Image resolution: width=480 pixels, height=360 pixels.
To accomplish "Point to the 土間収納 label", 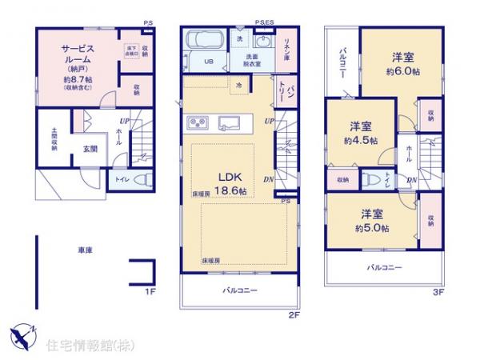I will pyautogui.click(x=54, y=140).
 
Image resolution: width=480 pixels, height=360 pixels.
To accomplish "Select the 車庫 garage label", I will pyautogui.click(x=85, y=250).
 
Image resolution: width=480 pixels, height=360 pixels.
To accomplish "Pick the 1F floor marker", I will pyautogui.click(x=149, y=293).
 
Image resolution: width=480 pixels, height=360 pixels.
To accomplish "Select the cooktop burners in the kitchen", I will pyautogui.click(x=197, y=122).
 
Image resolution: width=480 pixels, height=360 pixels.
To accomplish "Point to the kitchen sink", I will pyautogui.click(x=231, y=122).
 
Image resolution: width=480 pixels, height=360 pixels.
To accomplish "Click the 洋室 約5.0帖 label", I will pyautogui.click(x=374, y=222).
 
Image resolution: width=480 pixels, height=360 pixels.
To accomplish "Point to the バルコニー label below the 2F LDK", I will pyautogui.click(x=239, y=290).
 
